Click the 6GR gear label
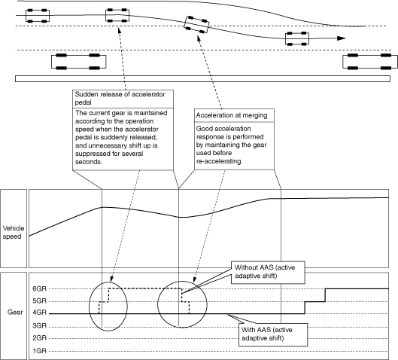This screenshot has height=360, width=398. coord(40,289)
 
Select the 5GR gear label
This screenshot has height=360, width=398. coord(40,301)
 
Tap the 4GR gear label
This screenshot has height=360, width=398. coord(40,313)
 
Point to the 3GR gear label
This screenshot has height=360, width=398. coord(40,325)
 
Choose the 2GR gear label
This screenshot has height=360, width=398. coord(40,338)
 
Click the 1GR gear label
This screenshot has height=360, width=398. coord(40,351)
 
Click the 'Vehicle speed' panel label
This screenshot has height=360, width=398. coord(14,233)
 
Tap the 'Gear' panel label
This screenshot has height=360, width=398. coord(15,313)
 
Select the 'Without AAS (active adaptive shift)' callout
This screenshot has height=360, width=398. coord(268,273)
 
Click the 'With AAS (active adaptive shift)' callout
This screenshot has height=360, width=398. coord(273,334)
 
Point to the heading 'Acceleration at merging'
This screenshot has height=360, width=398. coord(232,115)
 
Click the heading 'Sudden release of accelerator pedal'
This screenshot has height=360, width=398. coord(120,99)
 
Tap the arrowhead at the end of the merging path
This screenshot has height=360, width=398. coord(342,38)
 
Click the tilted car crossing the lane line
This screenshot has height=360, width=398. coord(196,25)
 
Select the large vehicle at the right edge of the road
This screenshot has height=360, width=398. coord(370,62)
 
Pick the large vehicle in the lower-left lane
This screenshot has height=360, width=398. coord(79,62)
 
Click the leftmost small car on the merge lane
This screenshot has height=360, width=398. coord(38,16)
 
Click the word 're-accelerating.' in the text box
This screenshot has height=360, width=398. coord(219,161)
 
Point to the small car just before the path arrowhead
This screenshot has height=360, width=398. coord(297,38)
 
